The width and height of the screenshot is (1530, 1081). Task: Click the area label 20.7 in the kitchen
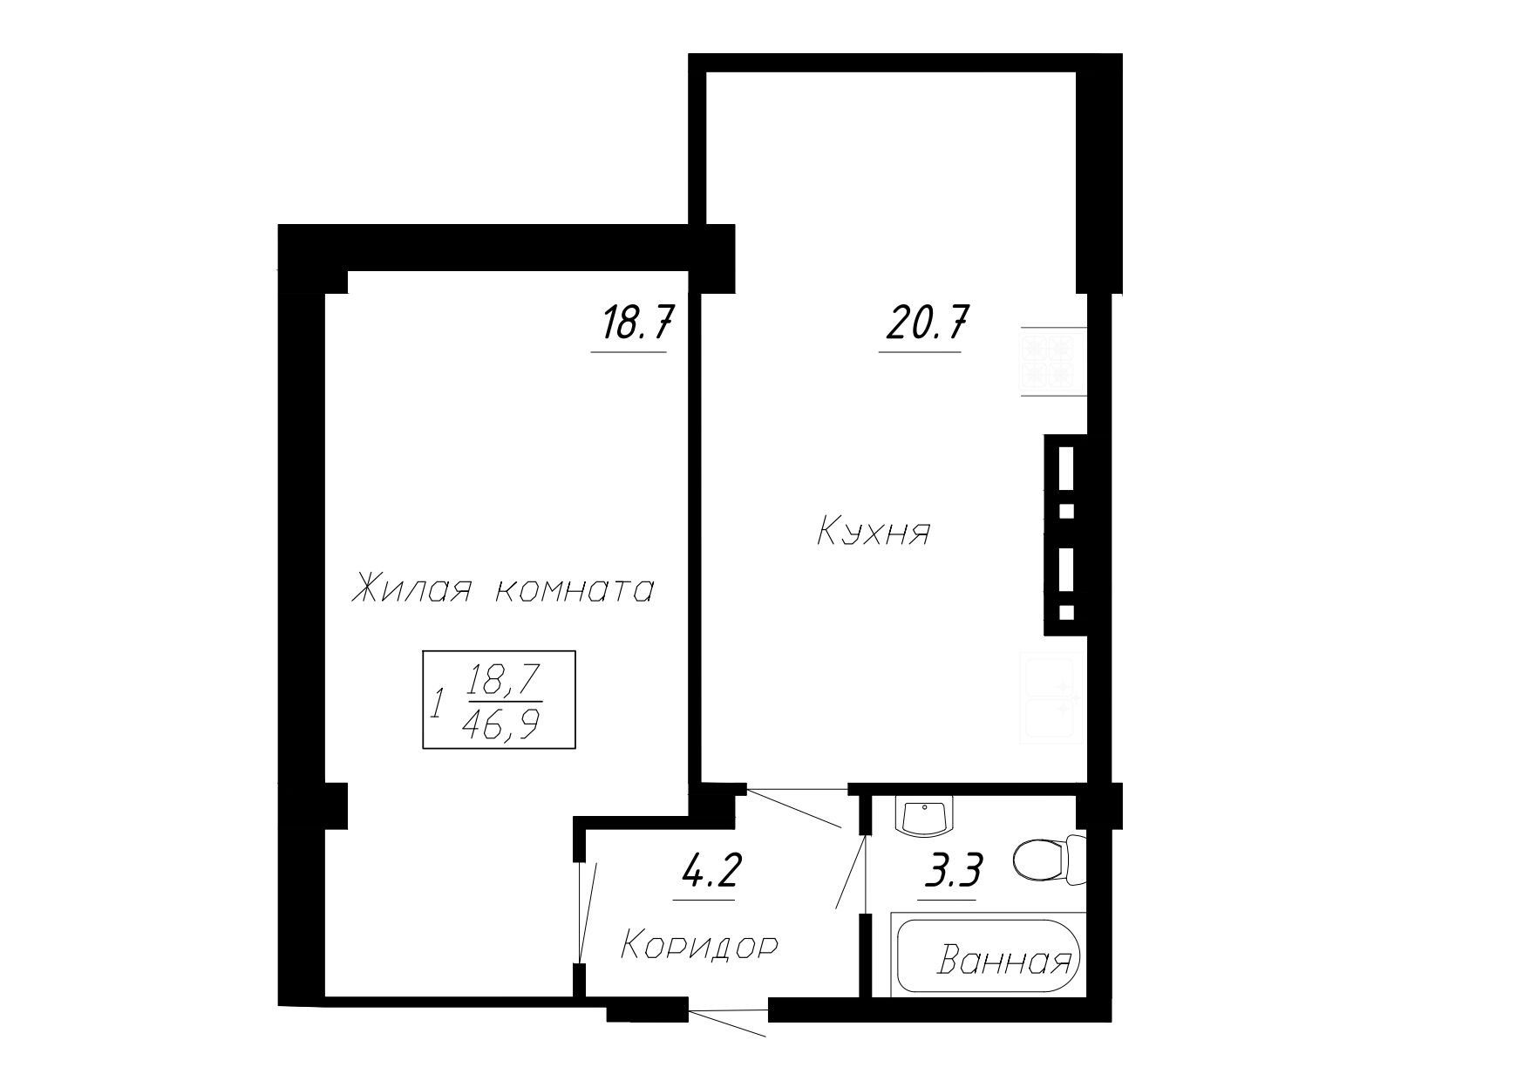[926, 323]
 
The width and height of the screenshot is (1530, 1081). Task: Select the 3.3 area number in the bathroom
[954, 869]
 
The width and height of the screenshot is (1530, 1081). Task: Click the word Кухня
[874, 533]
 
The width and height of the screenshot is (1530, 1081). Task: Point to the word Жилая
[411, 590]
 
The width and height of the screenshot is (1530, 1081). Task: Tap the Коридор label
[699, 946]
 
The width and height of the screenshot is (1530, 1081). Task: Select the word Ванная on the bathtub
[1004, 962]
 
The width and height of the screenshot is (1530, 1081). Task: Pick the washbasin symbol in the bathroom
[926, 817]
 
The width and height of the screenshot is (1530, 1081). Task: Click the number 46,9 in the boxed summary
[501, 724]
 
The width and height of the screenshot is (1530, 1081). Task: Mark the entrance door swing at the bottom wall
[728, 1023]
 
